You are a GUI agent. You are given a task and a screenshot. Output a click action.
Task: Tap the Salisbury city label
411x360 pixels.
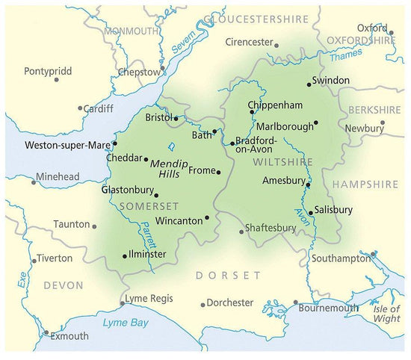[x=333, y=210]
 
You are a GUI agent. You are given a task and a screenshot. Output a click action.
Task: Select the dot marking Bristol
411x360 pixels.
[x=176, y=118]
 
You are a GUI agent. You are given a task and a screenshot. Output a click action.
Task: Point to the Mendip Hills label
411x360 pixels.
[x=169, y=168]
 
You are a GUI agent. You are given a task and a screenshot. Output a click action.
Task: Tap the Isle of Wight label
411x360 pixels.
[x=386, y=314]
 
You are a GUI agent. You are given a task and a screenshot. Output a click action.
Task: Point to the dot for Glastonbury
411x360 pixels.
[x=155, y=196]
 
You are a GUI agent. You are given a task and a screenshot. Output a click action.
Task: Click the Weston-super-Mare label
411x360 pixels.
[x=68, y=144]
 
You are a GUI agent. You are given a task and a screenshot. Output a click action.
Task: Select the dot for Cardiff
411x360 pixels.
[x=80, y=108]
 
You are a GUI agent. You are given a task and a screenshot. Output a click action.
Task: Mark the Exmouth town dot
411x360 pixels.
[x=46, y=333]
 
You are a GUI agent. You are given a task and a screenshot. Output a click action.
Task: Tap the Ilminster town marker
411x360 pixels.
[x=124, y=256]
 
